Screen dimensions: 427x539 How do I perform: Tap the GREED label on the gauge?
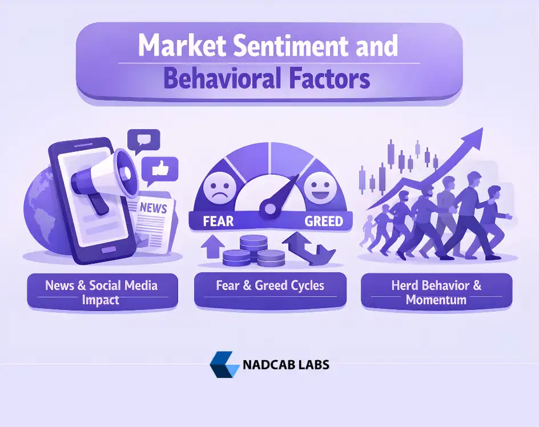pos(323,221)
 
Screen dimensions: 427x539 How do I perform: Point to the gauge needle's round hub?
pos(268,208)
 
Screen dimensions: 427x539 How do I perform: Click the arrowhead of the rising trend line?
pos(474,137)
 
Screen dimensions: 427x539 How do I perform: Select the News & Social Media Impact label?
pos(101,292)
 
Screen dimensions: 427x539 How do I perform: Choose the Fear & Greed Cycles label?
pos(269,285)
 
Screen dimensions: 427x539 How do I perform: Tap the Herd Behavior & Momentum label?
pos(436,292)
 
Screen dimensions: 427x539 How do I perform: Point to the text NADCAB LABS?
pos(286,365)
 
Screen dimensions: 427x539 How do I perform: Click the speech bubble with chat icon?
pos(143,140)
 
